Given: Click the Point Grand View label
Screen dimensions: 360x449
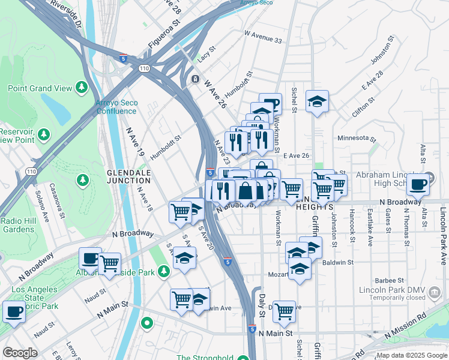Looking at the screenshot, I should pyautogui.click(x=39, y=88).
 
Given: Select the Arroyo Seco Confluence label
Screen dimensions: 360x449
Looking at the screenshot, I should pyautogui.click(x=116, y=107).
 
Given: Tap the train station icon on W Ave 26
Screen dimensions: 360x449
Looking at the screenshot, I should pyautogui.click(x=194, y=79).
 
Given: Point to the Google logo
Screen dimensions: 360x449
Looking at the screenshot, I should pyautogui.click(x=20, y=353).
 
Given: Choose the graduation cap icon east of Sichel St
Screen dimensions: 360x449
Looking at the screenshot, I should pyautogui.click(x=317, y=101).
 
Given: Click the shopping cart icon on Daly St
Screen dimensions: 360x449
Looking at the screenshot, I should pyautogui.click(x=284, y=311).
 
